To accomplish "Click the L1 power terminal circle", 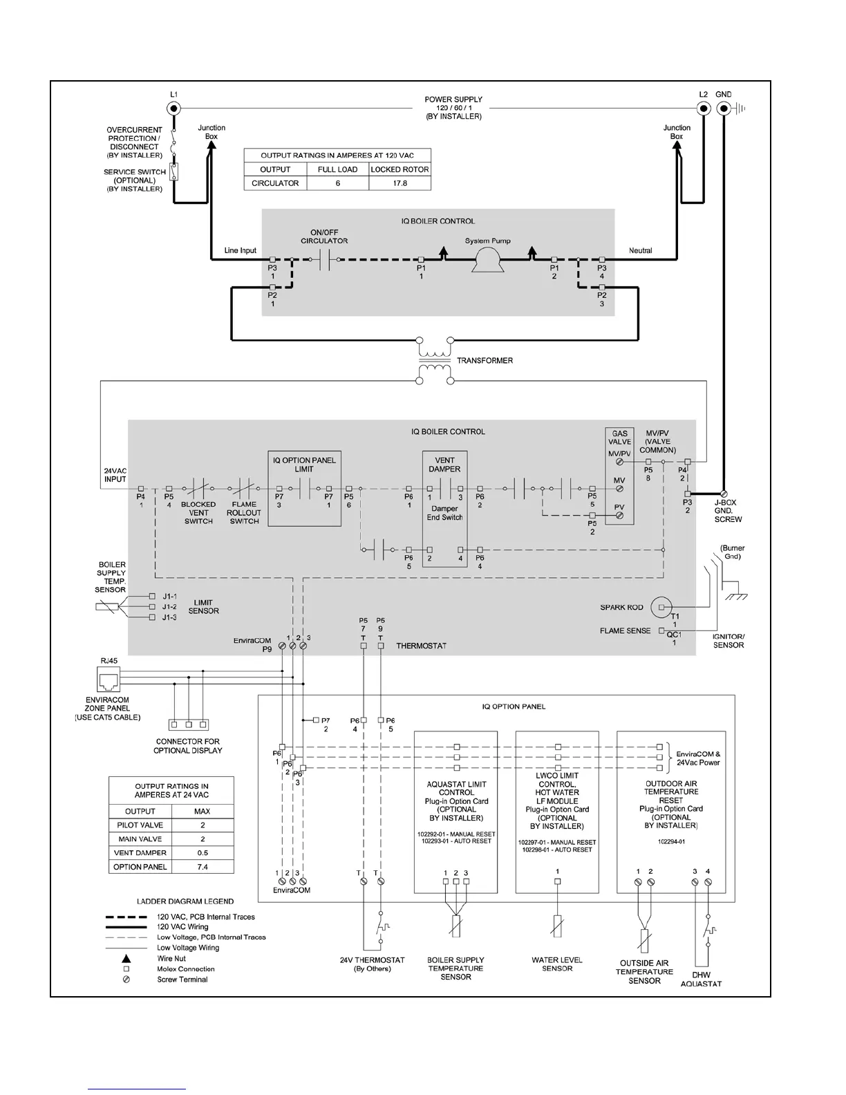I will pyautogui.click(x=173, y=109).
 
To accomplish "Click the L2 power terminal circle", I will pyautogui.click(x=703, y=109).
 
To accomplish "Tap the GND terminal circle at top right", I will pyautogui.click(x=724, y=109).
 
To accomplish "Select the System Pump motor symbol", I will pyautogui.click(x=487, y=260).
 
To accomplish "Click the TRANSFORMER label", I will pyautogui.click(x=485, y=361).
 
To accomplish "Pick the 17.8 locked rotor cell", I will pyautogui.click(x=399, y=183).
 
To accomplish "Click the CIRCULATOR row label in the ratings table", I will pyautogui.click(x=275, y=183).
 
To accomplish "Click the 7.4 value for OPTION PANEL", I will pyautogui.click(x=202, y=867).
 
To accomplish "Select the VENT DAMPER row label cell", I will pyautogui.click(x=140, y=853).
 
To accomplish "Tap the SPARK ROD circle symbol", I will pyautogui.click(x=661, y=607).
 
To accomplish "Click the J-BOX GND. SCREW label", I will pyautogui.click(x=728, y=511).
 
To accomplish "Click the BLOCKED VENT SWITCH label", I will pyautogui.click(x=198, y=513).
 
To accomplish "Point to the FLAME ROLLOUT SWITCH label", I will pyautogui.click(x=244, y=513).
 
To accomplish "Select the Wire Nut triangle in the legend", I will pyautogui.click(x=126, y=958).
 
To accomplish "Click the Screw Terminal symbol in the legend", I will pyautogui.click(x=126, y=980).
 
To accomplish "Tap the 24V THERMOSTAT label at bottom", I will pyautogui.click(x=372, y=964).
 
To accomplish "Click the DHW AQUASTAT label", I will pyautogui.click(x=701, y=980).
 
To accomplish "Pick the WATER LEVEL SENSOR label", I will pyautogui.click(x=557, y=964).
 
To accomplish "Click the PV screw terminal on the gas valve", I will pyautogui.click(x=619, y=516).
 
